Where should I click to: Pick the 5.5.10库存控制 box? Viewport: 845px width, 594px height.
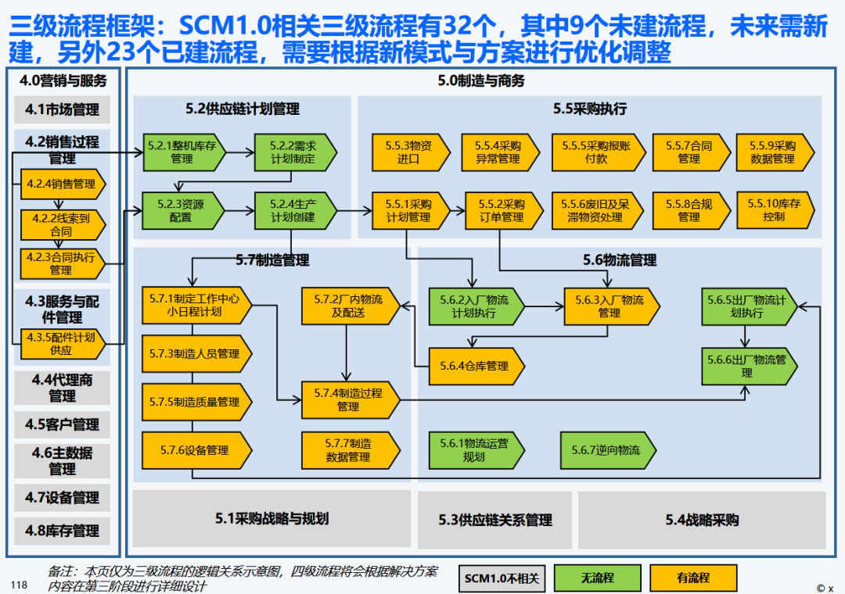774,210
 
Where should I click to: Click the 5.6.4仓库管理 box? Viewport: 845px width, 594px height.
474,366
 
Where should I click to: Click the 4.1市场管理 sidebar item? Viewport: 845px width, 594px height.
62,110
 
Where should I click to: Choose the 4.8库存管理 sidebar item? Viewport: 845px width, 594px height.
62,531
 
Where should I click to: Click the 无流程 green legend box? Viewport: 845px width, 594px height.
596,578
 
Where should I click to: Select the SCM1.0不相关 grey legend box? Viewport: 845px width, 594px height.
502,578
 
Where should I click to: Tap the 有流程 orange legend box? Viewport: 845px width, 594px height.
693,578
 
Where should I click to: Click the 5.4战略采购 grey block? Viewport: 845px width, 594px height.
702,520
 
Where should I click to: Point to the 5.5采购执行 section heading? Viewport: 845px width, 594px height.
590,109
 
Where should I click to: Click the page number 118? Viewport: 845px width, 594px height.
19,585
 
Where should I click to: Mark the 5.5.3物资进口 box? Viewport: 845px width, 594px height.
408,152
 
